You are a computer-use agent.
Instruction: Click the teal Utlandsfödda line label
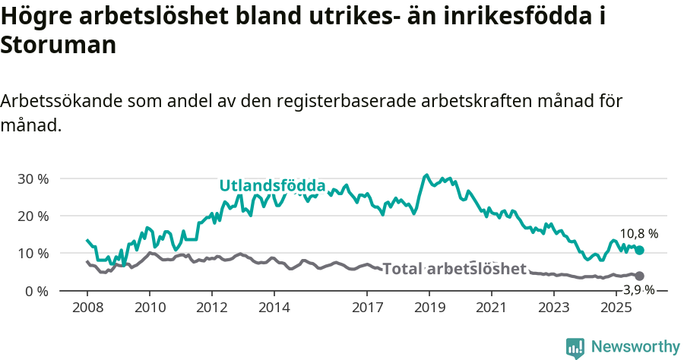(x=272, y=185)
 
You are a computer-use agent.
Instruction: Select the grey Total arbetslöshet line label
(x=454, y=269)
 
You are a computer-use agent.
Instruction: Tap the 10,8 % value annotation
(x=639, y=234)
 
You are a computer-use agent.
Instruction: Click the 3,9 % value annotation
(x=639, y=289)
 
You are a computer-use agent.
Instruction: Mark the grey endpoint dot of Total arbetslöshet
(x=639, y=276)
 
